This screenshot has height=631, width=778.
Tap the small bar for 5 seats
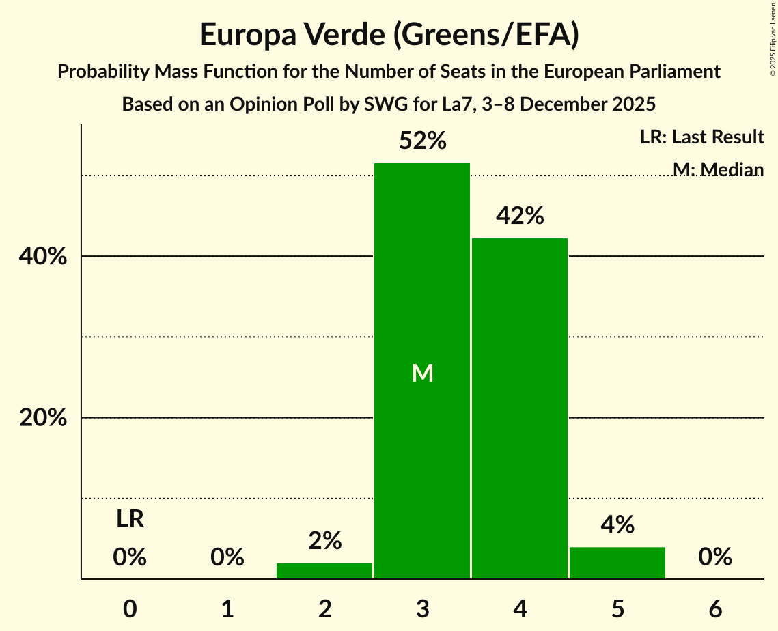617,563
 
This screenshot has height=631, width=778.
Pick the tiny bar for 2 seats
324,571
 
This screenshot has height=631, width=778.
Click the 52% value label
423,141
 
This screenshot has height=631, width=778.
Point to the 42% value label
520,216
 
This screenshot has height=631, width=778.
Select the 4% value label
618,525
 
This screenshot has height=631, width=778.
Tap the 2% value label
324,541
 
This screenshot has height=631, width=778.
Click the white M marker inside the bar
423,373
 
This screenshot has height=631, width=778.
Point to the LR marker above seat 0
130,520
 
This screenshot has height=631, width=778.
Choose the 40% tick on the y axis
43,257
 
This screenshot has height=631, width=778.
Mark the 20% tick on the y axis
43,418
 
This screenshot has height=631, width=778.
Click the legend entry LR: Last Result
702,137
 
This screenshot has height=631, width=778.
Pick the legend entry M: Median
718,169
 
